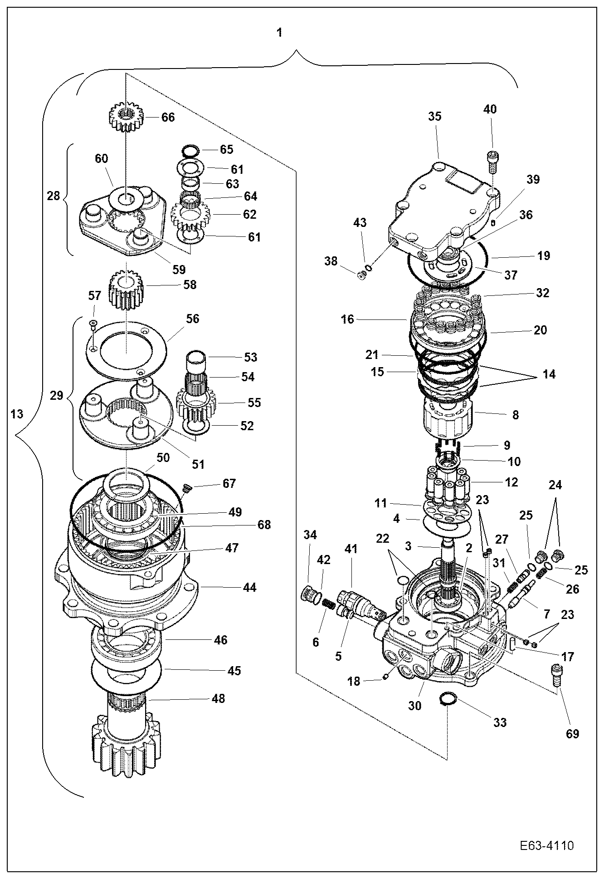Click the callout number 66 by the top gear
(168, 117)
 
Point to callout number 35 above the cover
(434, 116)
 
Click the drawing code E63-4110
(547, 846)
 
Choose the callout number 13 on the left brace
(16, 414)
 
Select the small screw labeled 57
(93, 323)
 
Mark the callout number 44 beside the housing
(249, 587)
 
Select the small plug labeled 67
(187, 488)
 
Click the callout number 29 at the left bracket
(56, 395)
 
